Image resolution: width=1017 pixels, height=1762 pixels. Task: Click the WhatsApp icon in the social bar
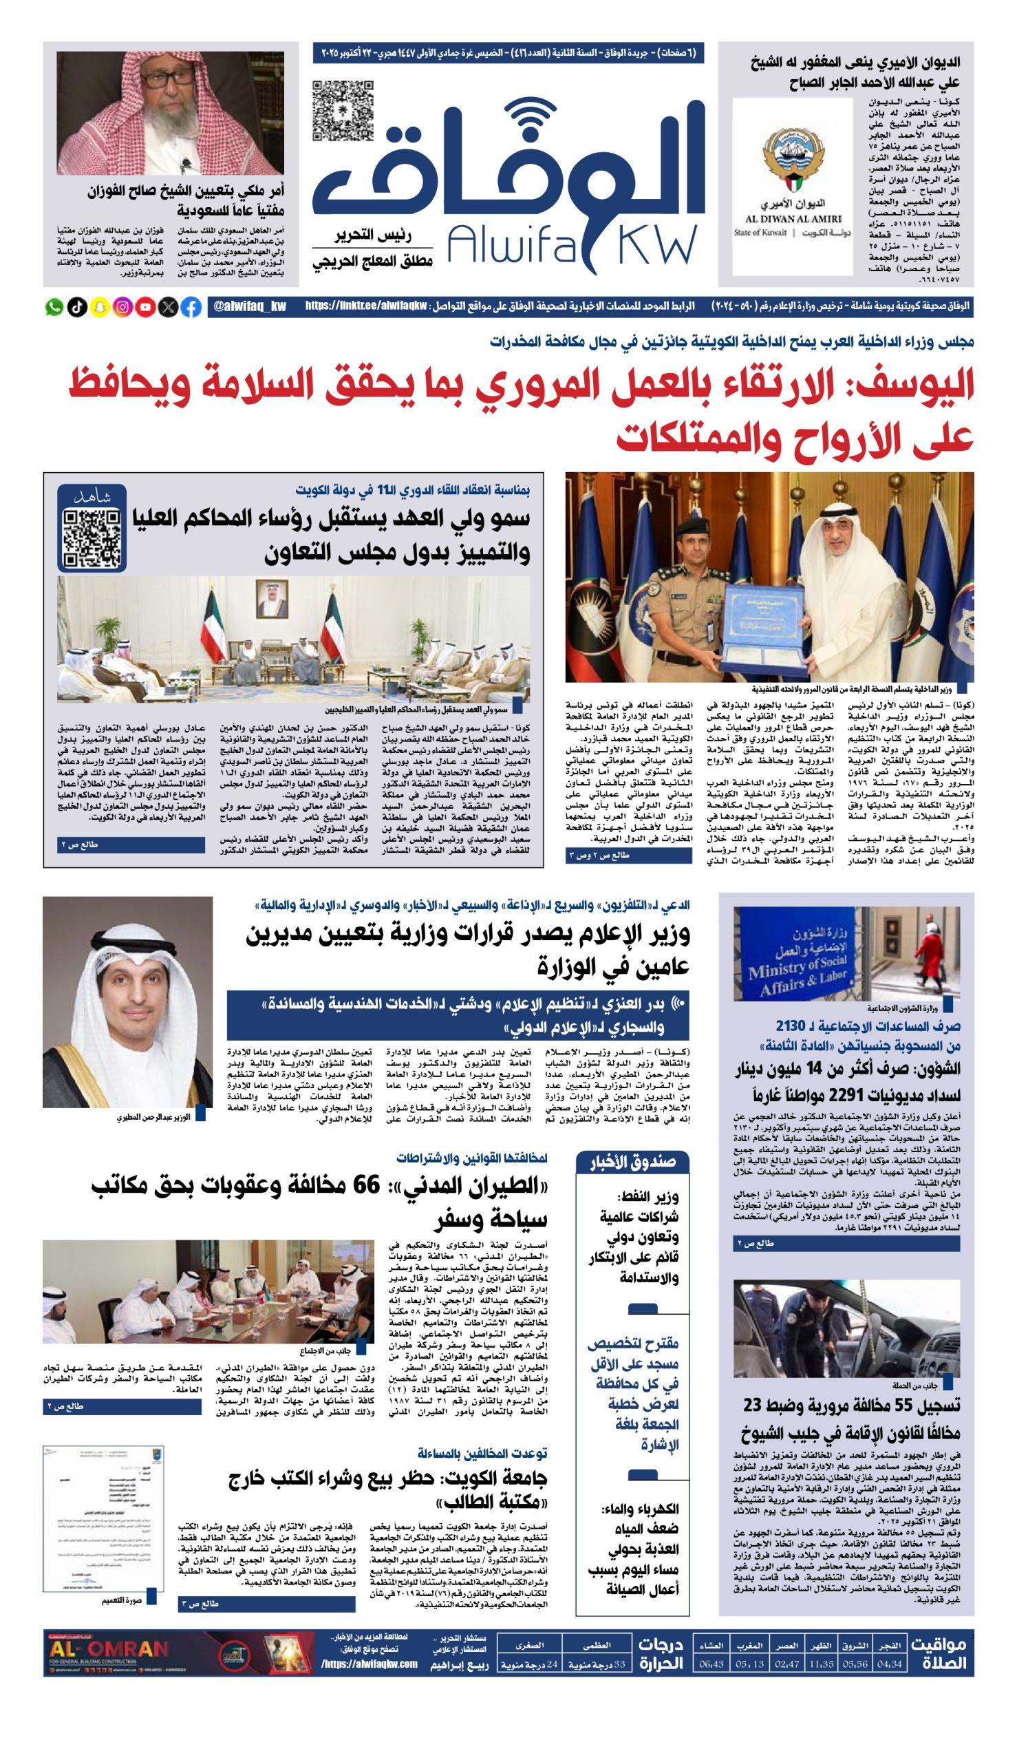point(54,307)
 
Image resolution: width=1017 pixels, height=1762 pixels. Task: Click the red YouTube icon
point(146,307)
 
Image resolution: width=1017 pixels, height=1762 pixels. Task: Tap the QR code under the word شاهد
point(92,538)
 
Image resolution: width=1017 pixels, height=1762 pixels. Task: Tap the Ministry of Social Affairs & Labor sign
point(796,965)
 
